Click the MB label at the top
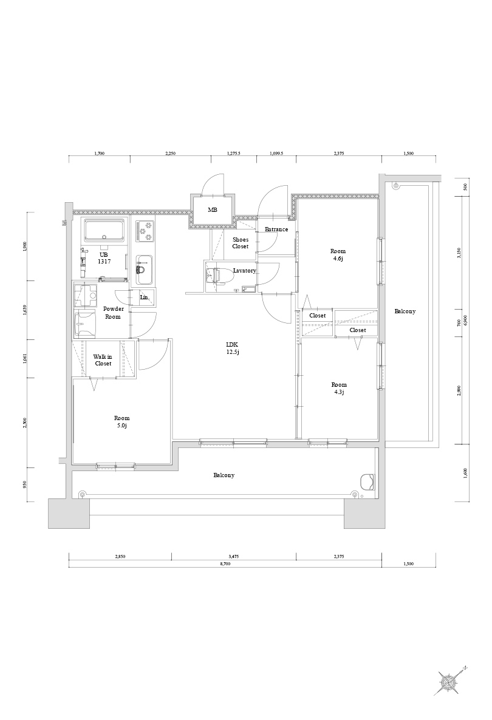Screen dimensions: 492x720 click(212, 210)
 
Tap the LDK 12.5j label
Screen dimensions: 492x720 click(233, 348)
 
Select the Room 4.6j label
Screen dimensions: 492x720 click(338, 254)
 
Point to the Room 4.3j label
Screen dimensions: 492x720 click(339, 388)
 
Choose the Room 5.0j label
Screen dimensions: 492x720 click(121, 421)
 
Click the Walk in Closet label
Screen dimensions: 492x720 click(103, 360)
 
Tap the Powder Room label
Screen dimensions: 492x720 click(113, 313)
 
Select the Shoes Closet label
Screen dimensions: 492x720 click(241, 243)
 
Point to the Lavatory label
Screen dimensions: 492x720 click(244, 271)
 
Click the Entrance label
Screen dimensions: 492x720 click(276, 229)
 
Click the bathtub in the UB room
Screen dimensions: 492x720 click(104, 231)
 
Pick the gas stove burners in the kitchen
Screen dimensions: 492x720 click(145, 231)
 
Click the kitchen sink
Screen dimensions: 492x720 click(145, 269)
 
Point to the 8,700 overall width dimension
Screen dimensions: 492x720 click(225, 563)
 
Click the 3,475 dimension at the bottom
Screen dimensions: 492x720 click(234, 557)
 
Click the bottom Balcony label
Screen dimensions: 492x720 click(224, 475)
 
